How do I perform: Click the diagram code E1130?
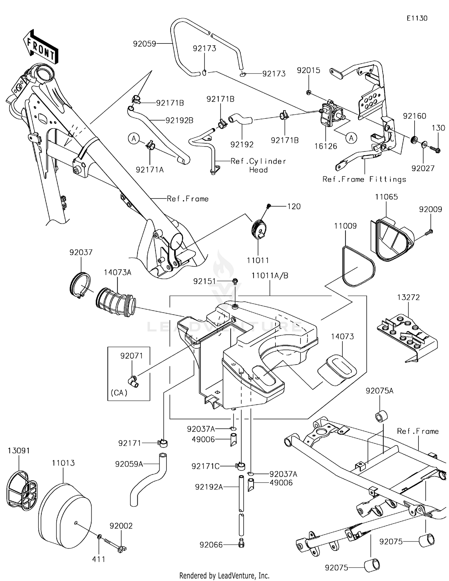pyautogui.click(x=417, y=18)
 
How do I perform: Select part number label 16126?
pyautogui.click(x=326, y=146)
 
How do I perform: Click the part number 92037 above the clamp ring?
pyautogui.click(x=81, y=252)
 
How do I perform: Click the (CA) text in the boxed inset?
pyautogui.click(x=119, y=393)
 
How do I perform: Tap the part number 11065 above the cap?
pyautogui.click(x=386, y=197)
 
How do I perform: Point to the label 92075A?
pyautogui.click(x=380, y=391)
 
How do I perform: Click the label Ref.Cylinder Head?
pyautogui.click(x=258, y=165)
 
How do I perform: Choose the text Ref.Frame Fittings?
pyautogui.click(x=364, y=179)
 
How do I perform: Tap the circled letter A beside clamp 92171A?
pyautogui.click(x=134, y=139)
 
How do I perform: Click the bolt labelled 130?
pyautogui.click(x=435, y=149)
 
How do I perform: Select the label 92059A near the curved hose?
pyautogui.click(x=129, y=464)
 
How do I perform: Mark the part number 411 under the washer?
pyautogui.click(x=98, y=559)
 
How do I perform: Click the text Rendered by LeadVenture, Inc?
pyautogui.click(x=224, y=575)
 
